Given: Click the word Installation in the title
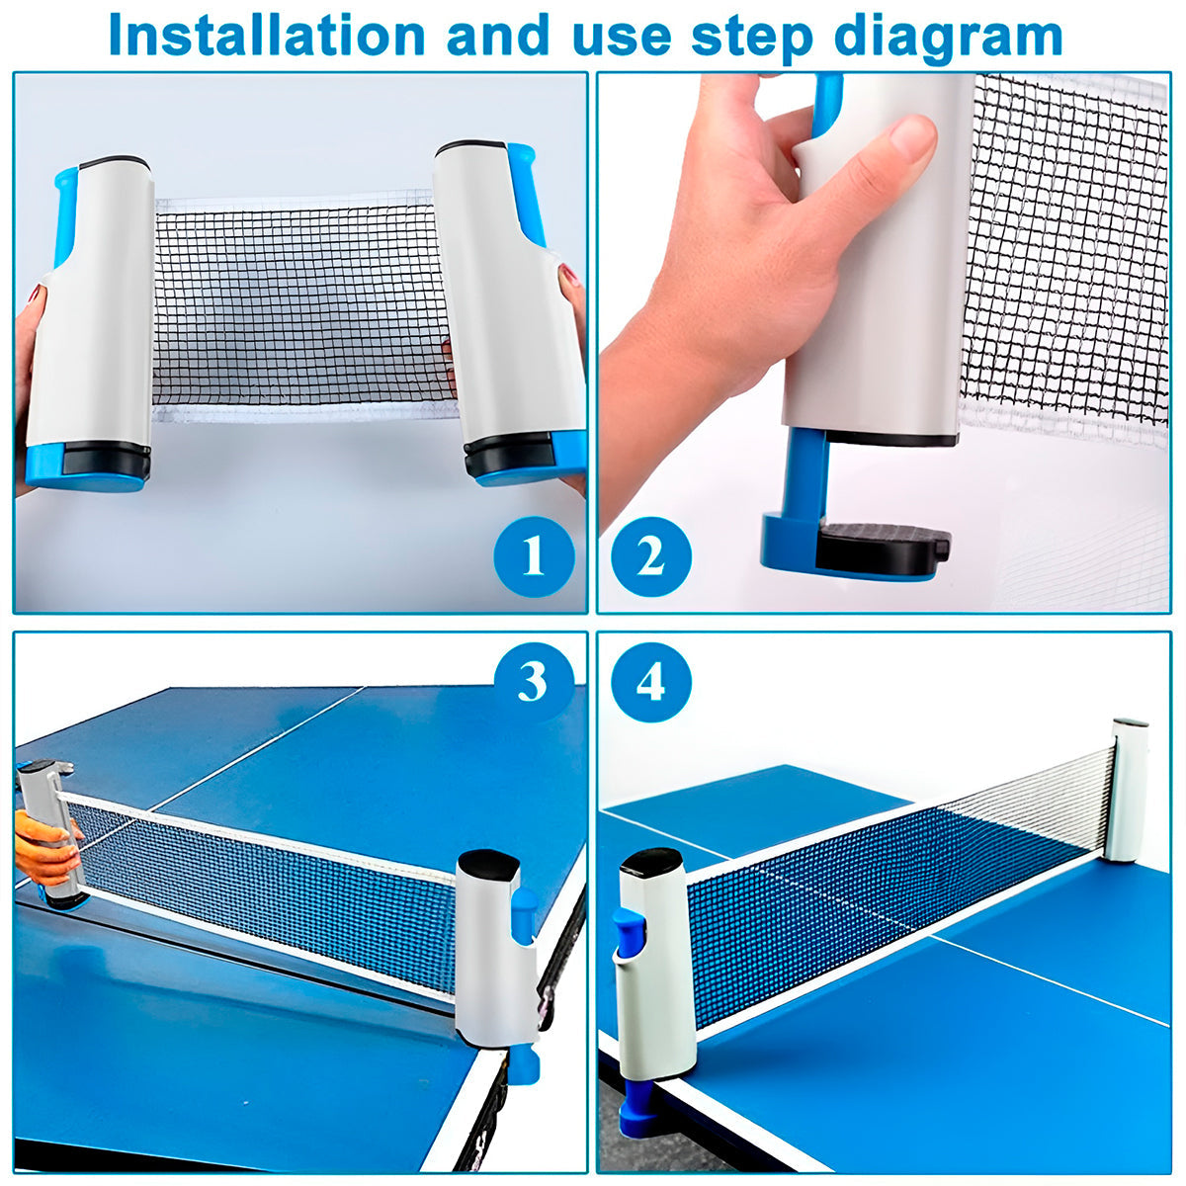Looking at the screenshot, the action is click(x=267, y=35).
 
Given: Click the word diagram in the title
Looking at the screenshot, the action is click(x=948, y=38).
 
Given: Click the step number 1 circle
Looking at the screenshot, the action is click(x=534, y=556).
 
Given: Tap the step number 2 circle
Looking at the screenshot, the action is click(x=651, y=556).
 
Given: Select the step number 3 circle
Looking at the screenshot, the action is click(x=534, y=682).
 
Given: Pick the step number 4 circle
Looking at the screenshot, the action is click(x=651, y=682).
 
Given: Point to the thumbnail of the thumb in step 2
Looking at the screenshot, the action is click(x=913, y=136).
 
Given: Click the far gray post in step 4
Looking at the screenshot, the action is click(x=1127, y=790).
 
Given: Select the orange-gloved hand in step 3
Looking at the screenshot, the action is click(x=47, y=849).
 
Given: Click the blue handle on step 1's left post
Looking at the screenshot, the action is click(x=66, y=215).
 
